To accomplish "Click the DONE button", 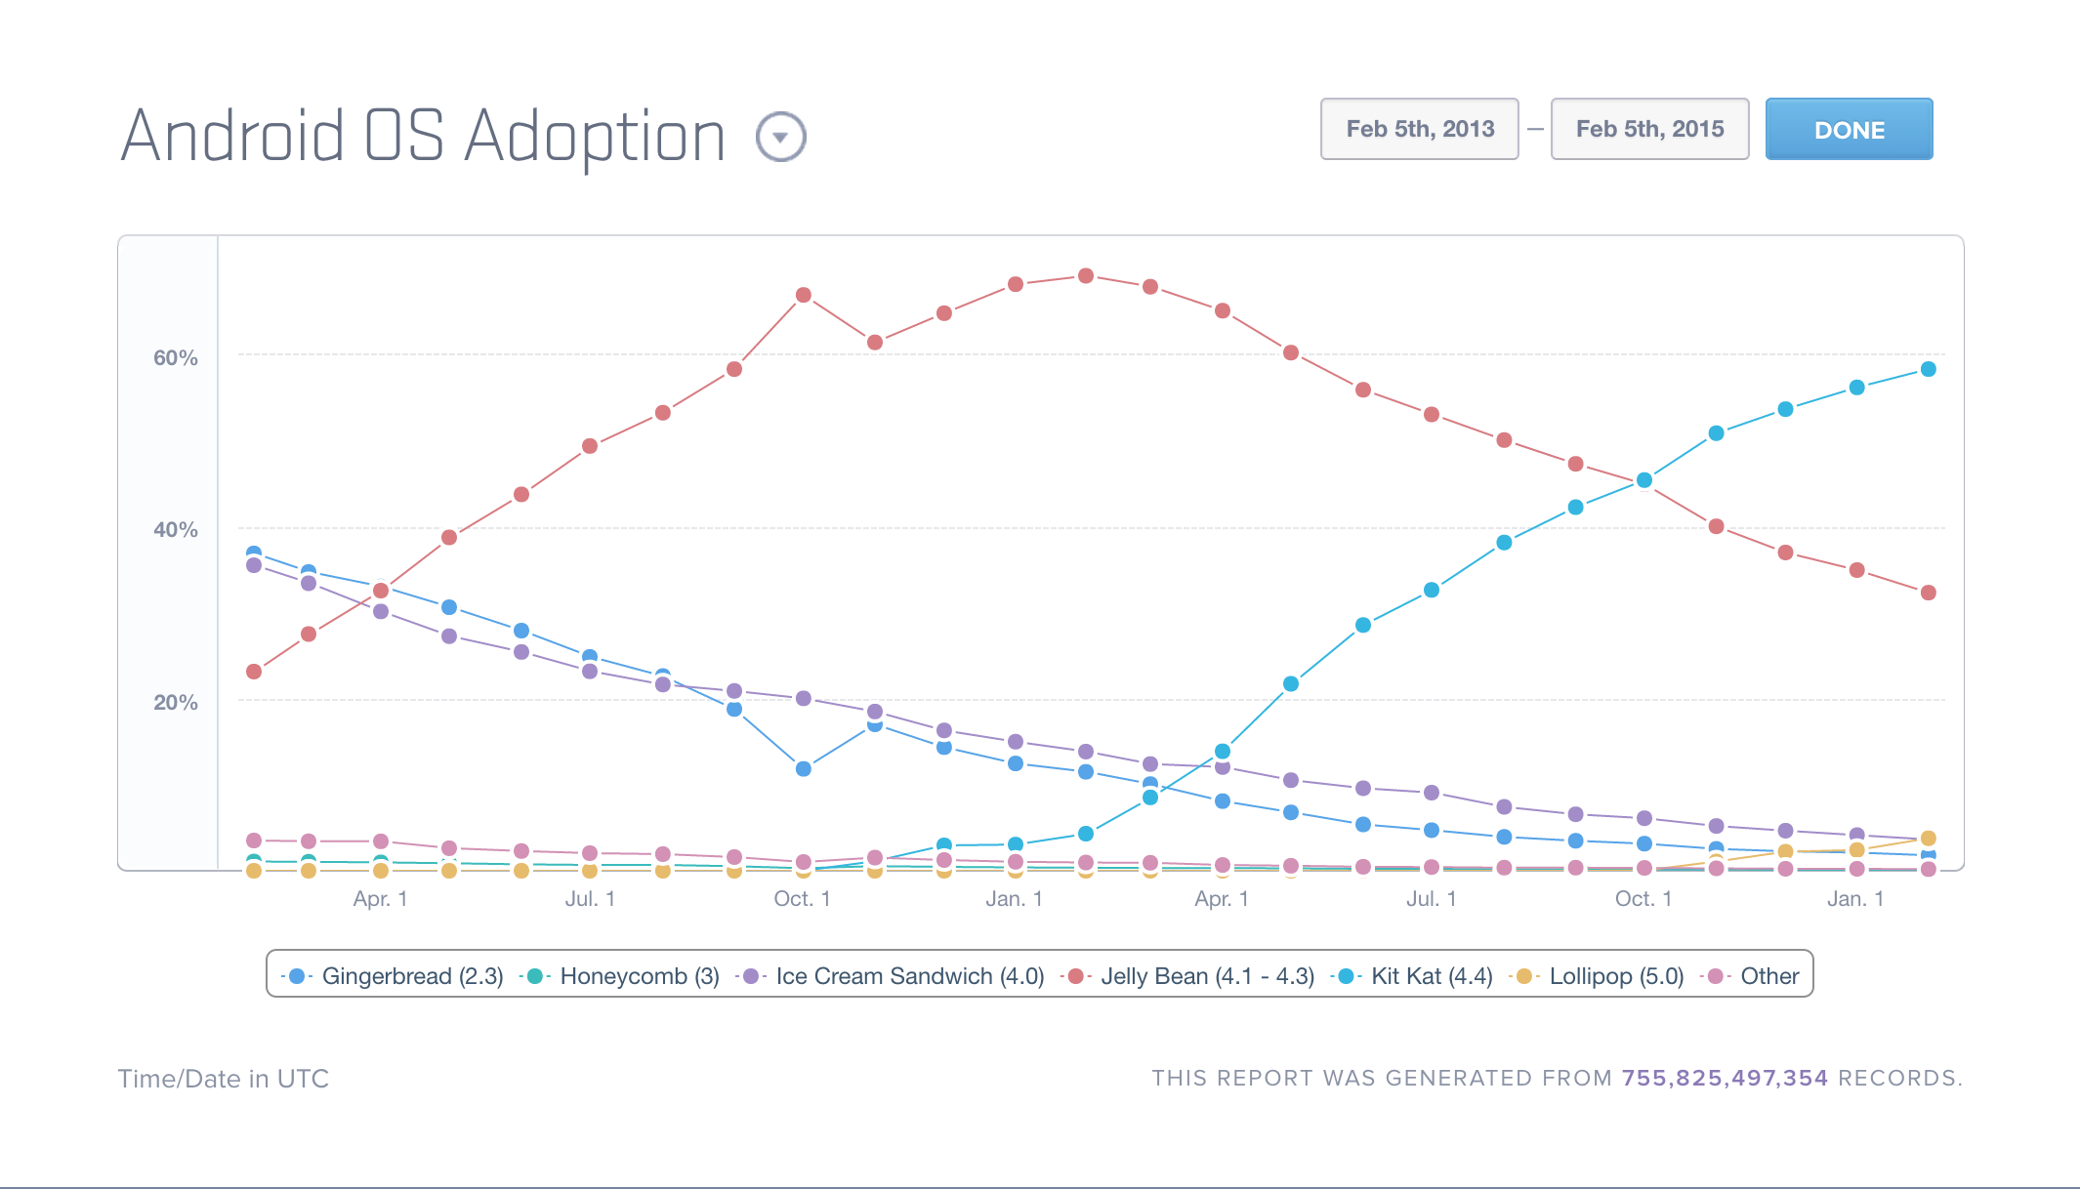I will pos(1849,129).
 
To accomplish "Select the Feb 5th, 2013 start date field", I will pos(1419,129).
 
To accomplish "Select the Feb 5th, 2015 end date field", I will pos(1649,129).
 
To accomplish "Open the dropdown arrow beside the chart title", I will pos(780,137).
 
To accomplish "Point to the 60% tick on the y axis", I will pos(176,358).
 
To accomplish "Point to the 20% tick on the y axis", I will pos(176,703).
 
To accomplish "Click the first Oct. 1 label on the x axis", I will pos(802,899).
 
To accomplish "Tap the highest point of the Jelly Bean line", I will pos(1085,276).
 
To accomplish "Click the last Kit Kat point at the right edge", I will pos(1928,369).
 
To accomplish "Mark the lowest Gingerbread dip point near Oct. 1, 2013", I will pos(803,769).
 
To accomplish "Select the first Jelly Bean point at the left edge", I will pos(254,672).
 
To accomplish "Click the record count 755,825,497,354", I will pos(1725,1079).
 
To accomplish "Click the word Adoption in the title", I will pos(594,137).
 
